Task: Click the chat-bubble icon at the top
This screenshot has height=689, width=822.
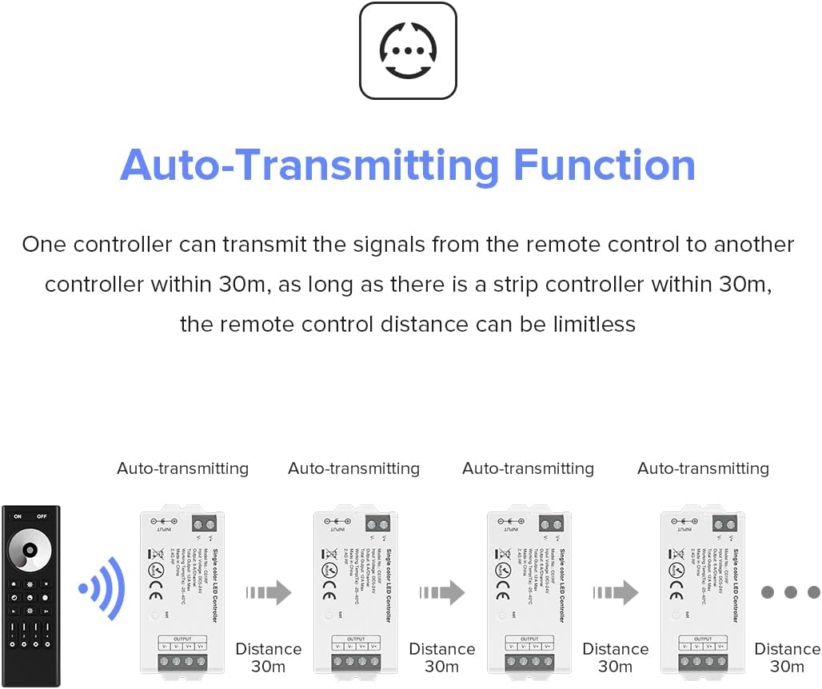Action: coord(408,50)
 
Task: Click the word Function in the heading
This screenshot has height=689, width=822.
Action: coord(605,165)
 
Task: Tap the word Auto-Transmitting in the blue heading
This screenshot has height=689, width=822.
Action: coord(309,165)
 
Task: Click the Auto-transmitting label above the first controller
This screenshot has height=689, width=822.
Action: coord(182,468)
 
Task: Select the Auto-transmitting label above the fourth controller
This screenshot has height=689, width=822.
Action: coord(703,468)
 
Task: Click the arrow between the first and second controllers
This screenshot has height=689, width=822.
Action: coord(269,592)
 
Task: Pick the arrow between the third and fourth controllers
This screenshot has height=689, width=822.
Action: coord(616,592)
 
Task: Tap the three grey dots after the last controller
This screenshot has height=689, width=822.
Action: coord(790,592)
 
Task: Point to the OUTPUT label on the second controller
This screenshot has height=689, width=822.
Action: coord(356,639)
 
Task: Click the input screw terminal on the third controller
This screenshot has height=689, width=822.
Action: coord(550,525)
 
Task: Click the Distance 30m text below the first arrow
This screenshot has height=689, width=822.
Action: coord(269,657)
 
